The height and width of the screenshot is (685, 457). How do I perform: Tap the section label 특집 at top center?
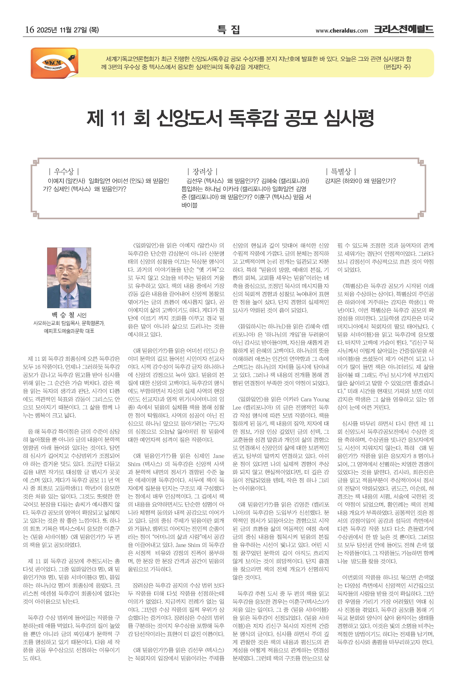(229, 29)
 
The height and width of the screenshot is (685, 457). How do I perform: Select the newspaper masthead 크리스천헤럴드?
(404, 29)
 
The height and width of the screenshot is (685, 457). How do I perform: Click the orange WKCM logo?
(55, 63)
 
